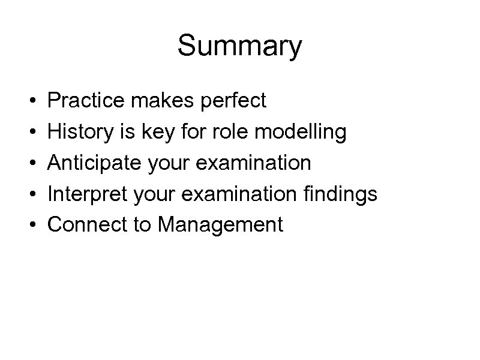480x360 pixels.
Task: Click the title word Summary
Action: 240,47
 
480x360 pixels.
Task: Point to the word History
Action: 78,131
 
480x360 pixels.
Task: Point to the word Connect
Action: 83,225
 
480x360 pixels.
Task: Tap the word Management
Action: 220,225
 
